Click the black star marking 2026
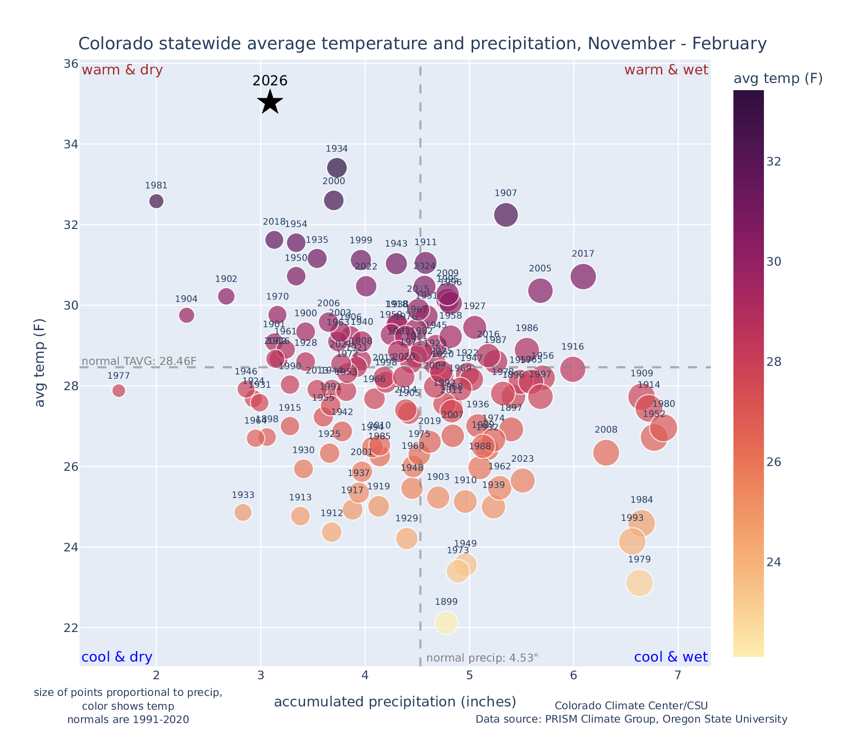point(270,102)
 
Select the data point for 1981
point(156,201)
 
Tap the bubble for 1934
point(337,168)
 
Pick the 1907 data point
point(506,215)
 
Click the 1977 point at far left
point(119,391)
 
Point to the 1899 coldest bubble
point(446,622)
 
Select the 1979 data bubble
point(639,583)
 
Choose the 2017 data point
point(583,277)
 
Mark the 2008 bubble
point(606,453)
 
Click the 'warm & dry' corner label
point(123,70)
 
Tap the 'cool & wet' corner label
point(670,657)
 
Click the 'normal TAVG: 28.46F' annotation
point(139,361)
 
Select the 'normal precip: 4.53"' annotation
point(482,658)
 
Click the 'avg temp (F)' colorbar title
point(778,79)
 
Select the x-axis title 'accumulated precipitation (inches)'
point(395,702)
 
